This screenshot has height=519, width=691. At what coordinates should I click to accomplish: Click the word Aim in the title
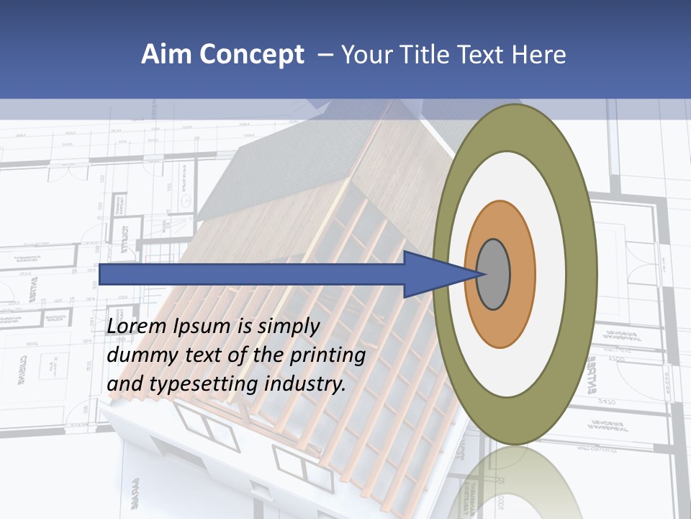tap(165, 55)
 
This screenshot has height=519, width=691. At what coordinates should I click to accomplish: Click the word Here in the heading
tap(539, 55)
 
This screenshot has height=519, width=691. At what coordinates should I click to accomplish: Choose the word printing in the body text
tap(329, 356)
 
